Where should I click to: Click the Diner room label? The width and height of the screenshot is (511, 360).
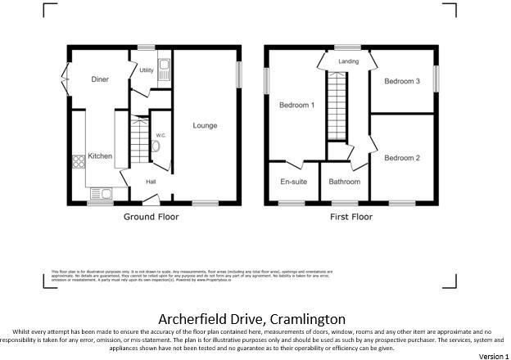[x=100, y=79]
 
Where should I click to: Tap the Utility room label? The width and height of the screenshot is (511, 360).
[x=147, y=70]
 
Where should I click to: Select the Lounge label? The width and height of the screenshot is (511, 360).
[x=205, y=125]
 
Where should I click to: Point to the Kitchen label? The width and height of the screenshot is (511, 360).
[x=100, y=156]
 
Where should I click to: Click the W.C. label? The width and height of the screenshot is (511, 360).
[x=161, y=135]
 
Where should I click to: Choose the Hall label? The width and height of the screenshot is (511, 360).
[x=151, y=182]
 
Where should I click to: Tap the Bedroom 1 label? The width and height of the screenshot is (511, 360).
[x=296, y=105]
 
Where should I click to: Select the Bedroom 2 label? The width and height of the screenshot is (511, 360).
[x=402, y=158]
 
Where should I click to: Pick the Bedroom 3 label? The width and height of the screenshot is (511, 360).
[x=402, y=81]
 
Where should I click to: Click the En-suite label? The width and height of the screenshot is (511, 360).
[x=293, y=182]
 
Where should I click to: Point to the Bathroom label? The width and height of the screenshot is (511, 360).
[x=345, y=182]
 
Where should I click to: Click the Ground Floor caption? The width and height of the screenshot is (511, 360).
[x=151, y=217]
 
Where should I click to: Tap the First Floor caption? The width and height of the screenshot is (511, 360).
[x=351, y=217]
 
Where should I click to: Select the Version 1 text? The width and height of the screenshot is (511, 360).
[x=493, y=356]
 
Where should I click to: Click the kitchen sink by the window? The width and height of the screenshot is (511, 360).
[x=102, y=194]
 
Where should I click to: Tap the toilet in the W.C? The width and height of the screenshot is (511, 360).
[x=156, y=148]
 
